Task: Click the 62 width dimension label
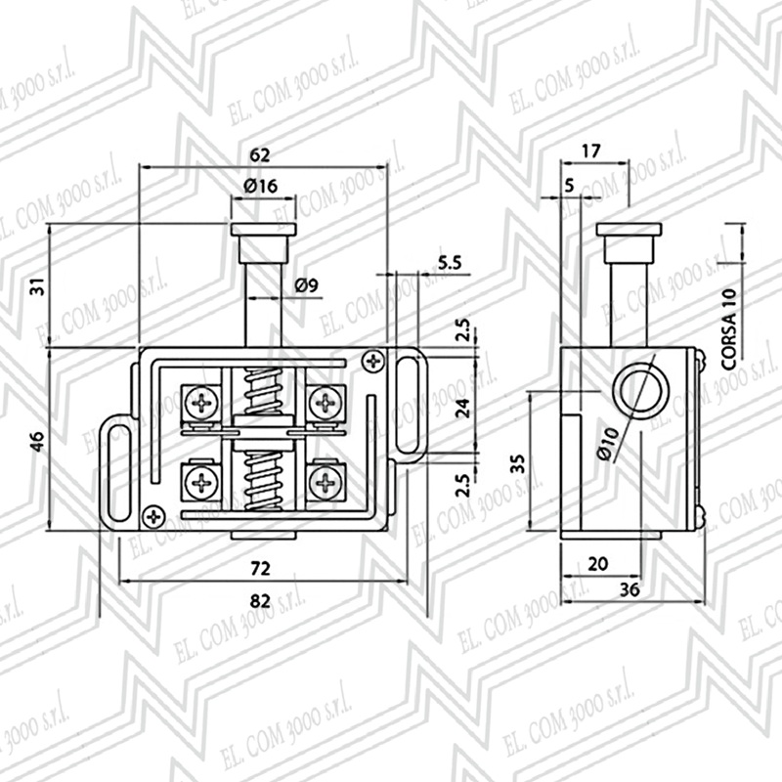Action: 260,155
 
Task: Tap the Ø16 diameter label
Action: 260,186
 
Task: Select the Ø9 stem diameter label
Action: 306,285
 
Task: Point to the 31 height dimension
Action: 38,286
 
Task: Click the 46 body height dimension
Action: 38,442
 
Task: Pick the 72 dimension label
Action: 260,568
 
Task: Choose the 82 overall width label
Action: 260,601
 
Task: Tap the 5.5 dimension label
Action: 450,262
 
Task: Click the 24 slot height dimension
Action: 463,408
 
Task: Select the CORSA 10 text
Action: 728,328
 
